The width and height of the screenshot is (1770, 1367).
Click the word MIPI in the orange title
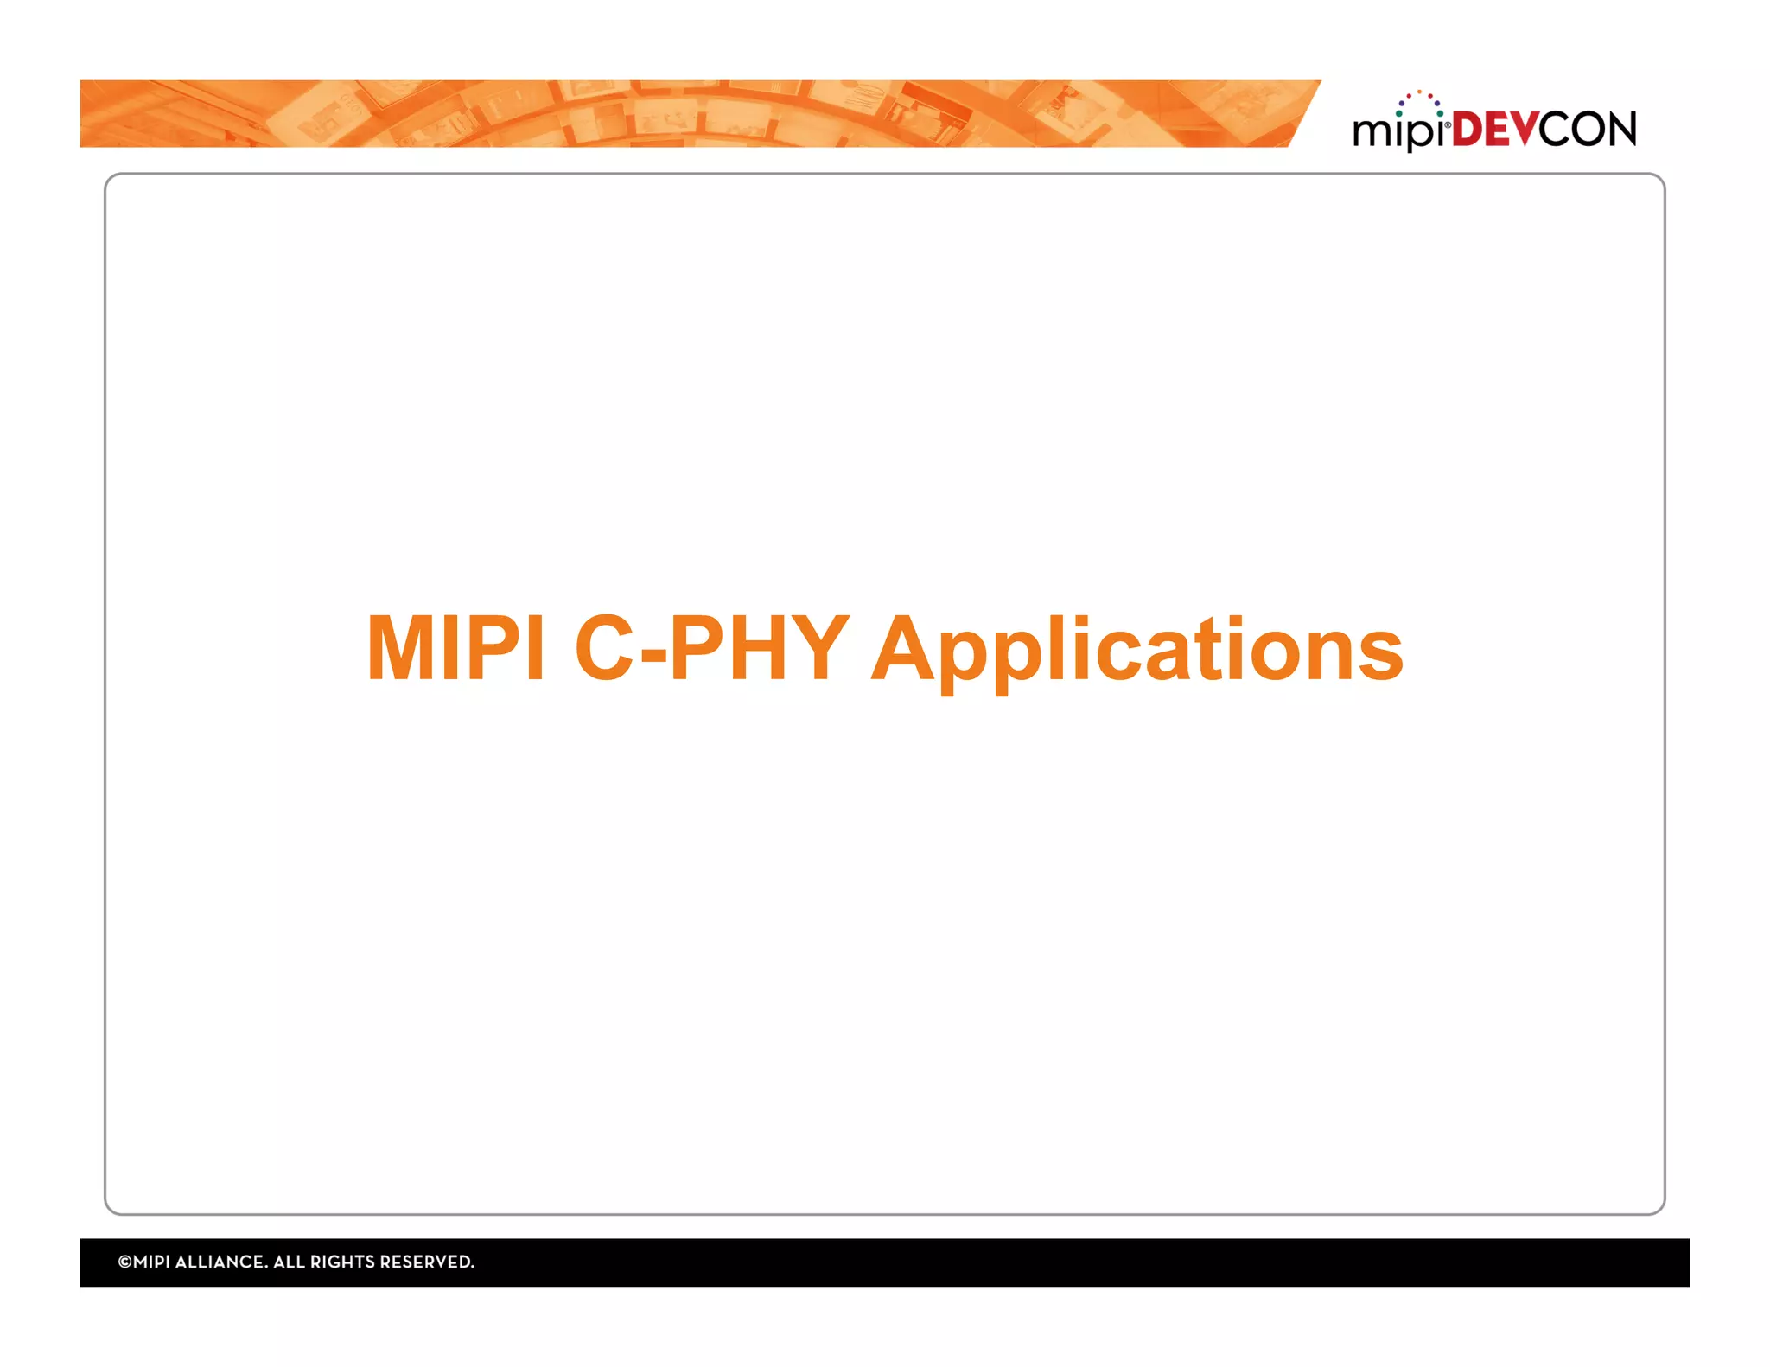(455, 648)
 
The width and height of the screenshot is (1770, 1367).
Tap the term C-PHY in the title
(711, 648)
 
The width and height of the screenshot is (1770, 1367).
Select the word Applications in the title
(1136, 650)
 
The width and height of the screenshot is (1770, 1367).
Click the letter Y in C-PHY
(816, 648)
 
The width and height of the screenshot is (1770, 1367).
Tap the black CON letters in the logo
(1588, 130)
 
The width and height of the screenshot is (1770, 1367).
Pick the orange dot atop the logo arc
(1419, 92)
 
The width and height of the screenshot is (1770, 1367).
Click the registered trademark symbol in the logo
(1448, 125)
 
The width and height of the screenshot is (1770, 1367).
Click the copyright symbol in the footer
(124, 1262)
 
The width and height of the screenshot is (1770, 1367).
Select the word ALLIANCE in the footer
(223, 1262)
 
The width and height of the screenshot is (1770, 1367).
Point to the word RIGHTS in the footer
(342, 1262)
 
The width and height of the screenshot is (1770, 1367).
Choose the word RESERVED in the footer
(427, 1262)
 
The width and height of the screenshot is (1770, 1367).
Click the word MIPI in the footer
(152, 1262)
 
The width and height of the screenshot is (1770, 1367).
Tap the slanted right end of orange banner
(1303, 114)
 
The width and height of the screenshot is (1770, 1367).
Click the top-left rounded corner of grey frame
(111, 180)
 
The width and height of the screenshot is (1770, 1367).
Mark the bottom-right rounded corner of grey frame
(1659, 1208)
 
